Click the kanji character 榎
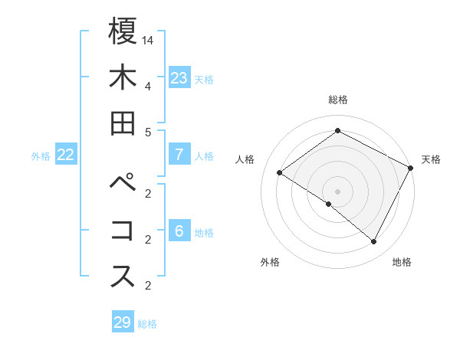click(123, 31)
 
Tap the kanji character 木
click(123, 77)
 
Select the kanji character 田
click(123, 123)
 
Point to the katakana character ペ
click(123, 184)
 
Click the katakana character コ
click(123, 230)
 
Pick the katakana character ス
click(123, 276)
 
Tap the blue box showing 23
click(179, 77)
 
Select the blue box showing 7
click(179, 155)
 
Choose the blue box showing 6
click(179, 231)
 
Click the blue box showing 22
click(66, 155)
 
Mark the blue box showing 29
click(123, 322)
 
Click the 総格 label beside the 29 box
click(148, 324)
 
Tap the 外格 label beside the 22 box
click(41, 155)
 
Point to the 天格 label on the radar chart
click(431, 159)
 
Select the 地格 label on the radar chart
click(402, 263)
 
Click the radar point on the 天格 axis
click(411, 169)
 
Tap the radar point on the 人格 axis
click(279, 173)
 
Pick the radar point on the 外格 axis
click(328, 205)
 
